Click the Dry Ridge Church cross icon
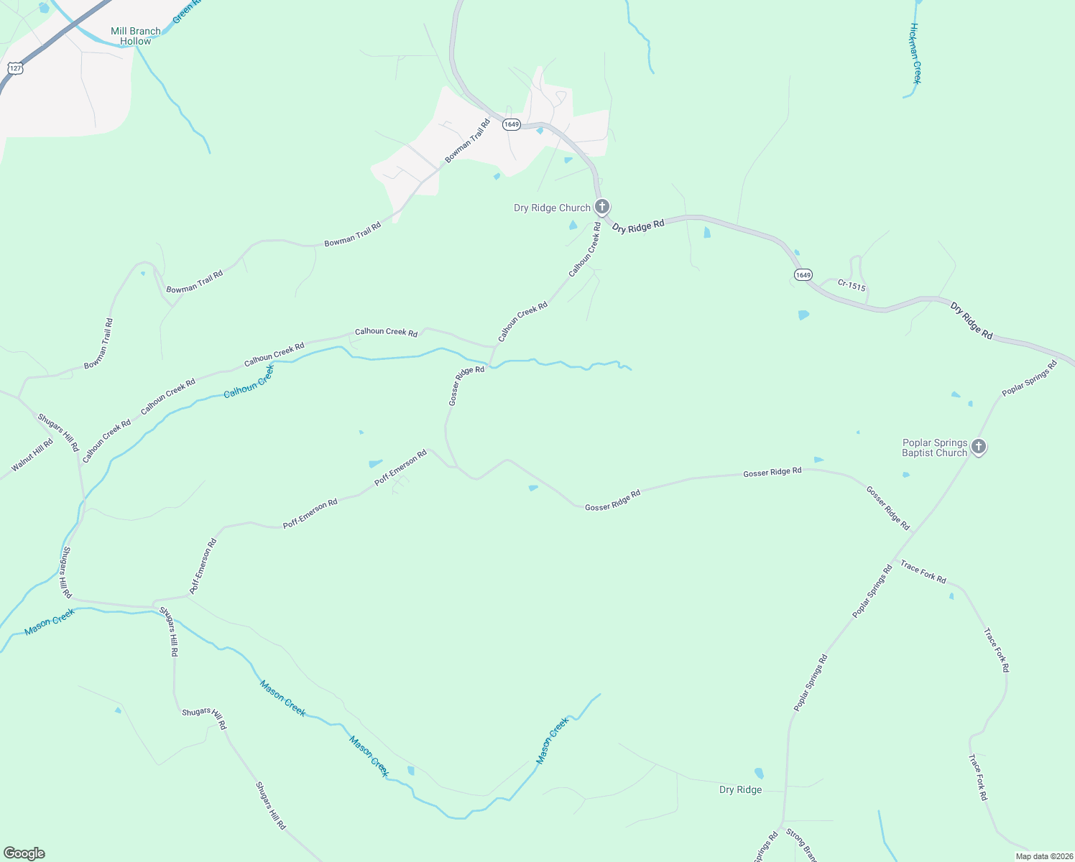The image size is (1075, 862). tap(602, 207)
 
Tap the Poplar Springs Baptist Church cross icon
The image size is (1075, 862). tap(978, 447)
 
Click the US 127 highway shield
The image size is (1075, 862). tap(16, 68)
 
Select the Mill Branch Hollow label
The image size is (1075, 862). tap(135, 36)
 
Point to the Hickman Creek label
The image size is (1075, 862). tap(915, 53)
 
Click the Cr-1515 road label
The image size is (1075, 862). tap(852, 285)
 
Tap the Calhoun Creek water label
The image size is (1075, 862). tap(249, 381)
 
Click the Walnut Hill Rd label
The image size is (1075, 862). tap(32, 455)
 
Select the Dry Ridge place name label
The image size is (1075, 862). tap(740, 789)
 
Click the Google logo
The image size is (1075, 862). tap(24, 853)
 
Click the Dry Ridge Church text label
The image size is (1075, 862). tap(552, 208)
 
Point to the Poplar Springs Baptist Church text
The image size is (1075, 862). tap(934, 448)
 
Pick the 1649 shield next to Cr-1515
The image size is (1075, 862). tap(803, 275)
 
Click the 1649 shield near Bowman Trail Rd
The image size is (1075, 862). tap(511, 124)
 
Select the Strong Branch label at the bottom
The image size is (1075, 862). tap(801, 845)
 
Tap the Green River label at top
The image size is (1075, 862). tap(186, 10)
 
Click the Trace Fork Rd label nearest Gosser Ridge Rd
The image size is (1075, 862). tap(923, 573)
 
